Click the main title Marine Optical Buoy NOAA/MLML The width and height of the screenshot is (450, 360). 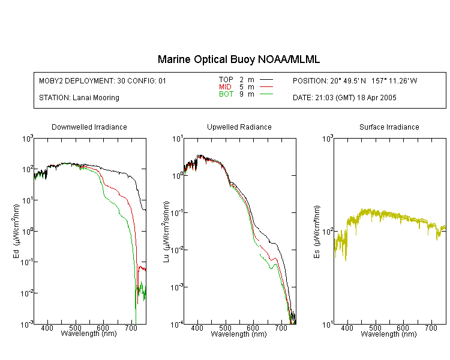[x=238, y=59]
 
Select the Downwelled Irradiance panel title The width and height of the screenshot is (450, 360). [x=89, y=127]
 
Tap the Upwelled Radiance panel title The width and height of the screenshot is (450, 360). [x=239, y=127]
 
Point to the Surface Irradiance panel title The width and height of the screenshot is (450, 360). [x=389, y=127]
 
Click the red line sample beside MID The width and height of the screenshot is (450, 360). [x=266, y=86]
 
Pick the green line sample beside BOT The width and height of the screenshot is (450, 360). [x=266, y=94]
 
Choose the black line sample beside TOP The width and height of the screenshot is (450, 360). [x=266, y=79]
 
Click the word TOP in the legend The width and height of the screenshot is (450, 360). [x=226, y=80]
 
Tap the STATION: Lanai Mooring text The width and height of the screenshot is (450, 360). [x=79, y=98]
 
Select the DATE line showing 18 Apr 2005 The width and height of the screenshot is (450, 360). [x=344, y=98]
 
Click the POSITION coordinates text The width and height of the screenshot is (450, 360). [x=355, y=80]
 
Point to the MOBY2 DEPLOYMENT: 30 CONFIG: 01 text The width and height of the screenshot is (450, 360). [x=103, y=80]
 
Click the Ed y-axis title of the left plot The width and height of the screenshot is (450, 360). [x=16, y=232]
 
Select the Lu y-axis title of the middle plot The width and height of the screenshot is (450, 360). [x=166, y=232]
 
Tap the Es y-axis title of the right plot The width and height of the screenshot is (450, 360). [x=317, y=232]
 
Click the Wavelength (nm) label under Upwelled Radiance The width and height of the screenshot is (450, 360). [x=239, y=334]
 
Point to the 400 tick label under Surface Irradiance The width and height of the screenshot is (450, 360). [x=347, y=328]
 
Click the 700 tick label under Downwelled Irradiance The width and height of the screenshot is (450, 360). [x=131, y=328]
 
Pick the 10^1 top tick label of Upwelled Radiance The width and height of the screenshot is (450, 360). [x=178, y=139]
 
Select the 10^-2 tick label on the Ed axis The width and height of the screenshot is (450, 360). [x=27, y=293]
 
